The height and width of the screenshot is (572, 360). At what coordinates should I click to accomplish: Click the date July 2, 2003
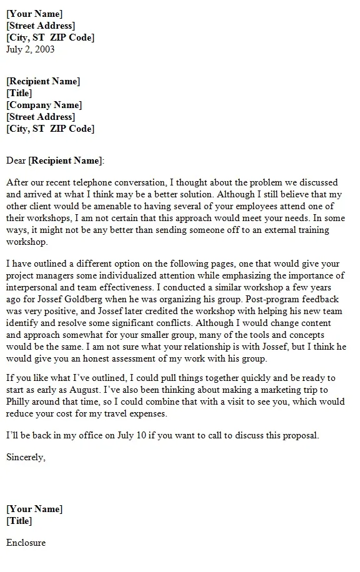pyautogui.click(x=30, y=49)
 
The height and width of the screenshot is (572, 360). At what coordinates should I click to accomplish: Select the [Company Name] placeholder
pyautogui.click(x=44, y=105)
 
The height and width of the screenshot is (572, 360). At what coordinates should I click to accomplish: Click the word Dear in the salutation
pyautogui.click(x=16, y=160)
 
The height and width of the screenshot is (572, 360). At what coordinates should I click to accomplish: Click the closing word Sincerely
pyautogui.click(x=26, y=457)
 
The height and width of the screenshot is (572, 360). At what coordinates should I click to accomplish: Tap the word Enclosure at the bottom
pyautogui.click(x=26, y=543)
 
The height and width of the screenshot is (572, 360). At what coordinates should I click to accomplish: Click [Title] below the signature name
pyautogui.click(x=19, y=521)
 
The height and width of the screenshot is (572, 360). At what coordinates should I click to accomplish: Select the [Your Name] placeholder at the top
pyautogui.click(x=34, y=14)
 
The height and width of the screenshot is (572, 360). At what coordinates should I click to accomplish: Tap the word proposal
pyautogui.click(x=299, y=435)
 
